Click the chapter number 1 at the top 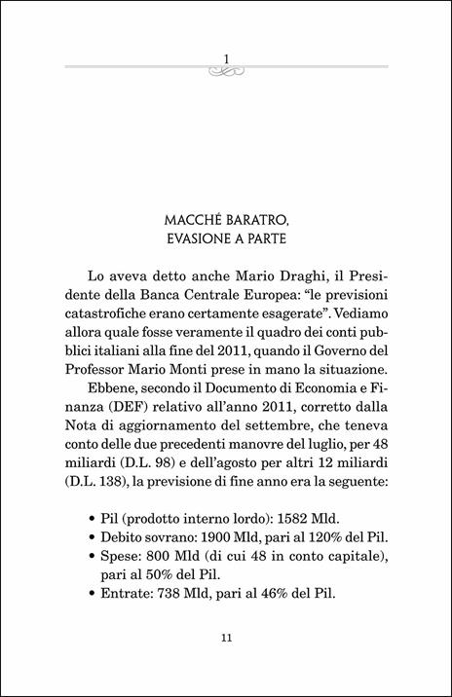pyautogui.click(x=225, y=59)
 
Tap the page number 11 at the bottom pyautogui.click(x=225, y=638)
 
